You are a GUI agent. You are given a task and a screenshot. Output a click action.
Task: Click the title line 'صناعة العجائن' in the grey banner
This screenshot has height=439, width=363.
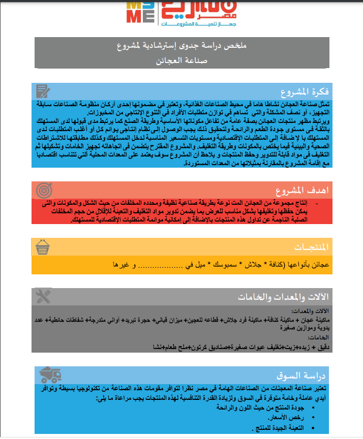click(181, 60)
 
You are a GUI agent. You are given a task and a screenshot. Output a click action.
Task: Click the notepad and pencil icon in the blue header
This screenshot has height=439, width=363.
click(44, 91)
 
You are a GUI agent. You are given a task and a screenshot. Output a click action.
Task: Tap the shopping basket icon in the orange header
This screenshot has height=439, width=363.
click(43, 247)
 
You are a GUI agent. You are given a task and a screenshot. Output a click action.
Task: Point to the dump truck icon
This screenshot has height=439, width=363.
click(50, 375)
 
